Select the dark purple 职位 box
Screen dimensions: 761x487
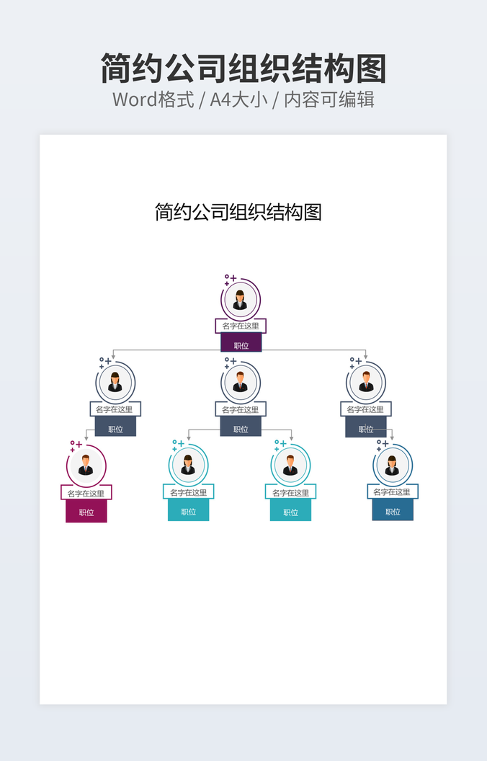(x=241, y=345)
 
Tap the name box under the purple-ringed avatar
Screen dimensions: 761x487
(x=241, y=326)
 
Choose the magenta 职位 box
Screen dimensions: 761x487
(x=86, y=512)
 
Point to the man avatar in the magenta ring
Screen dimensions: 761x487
(x=86, y=466)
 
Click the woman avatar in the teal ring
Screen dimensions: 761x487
(x=188, y=466)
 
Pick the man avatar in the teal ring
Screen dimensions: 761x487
(x=290, y=466)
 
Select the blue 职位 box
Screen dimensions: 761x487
(x=393, y=511)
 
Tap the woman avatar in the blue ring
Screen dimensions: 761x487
(x=392, y=466)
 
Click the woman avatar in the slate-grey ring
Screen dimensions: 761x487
(x=115, y=383)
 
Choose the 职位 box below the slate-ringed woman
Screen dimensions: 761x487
(x=115, y=428)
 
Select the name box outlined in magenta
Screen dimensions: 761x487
(x=86, y=493)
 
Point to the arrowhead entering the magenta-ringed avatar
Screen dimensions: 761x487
(x=86, y=437)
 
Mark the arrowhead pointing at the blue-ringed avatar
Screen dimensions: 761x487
(x=392, y=437)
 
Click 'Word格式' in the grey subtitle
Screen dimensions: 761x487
(x=153, y=99)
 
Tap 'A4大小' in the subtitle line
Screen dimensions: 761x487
(x=238, y=99)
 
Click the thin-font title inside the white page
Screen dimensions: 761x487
(x=238, y=212)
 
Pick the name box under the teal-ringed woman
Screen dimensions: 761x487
(x=188, y=492)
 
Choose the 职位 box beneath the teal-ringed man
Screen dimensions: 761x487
(x=290, y=512)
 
